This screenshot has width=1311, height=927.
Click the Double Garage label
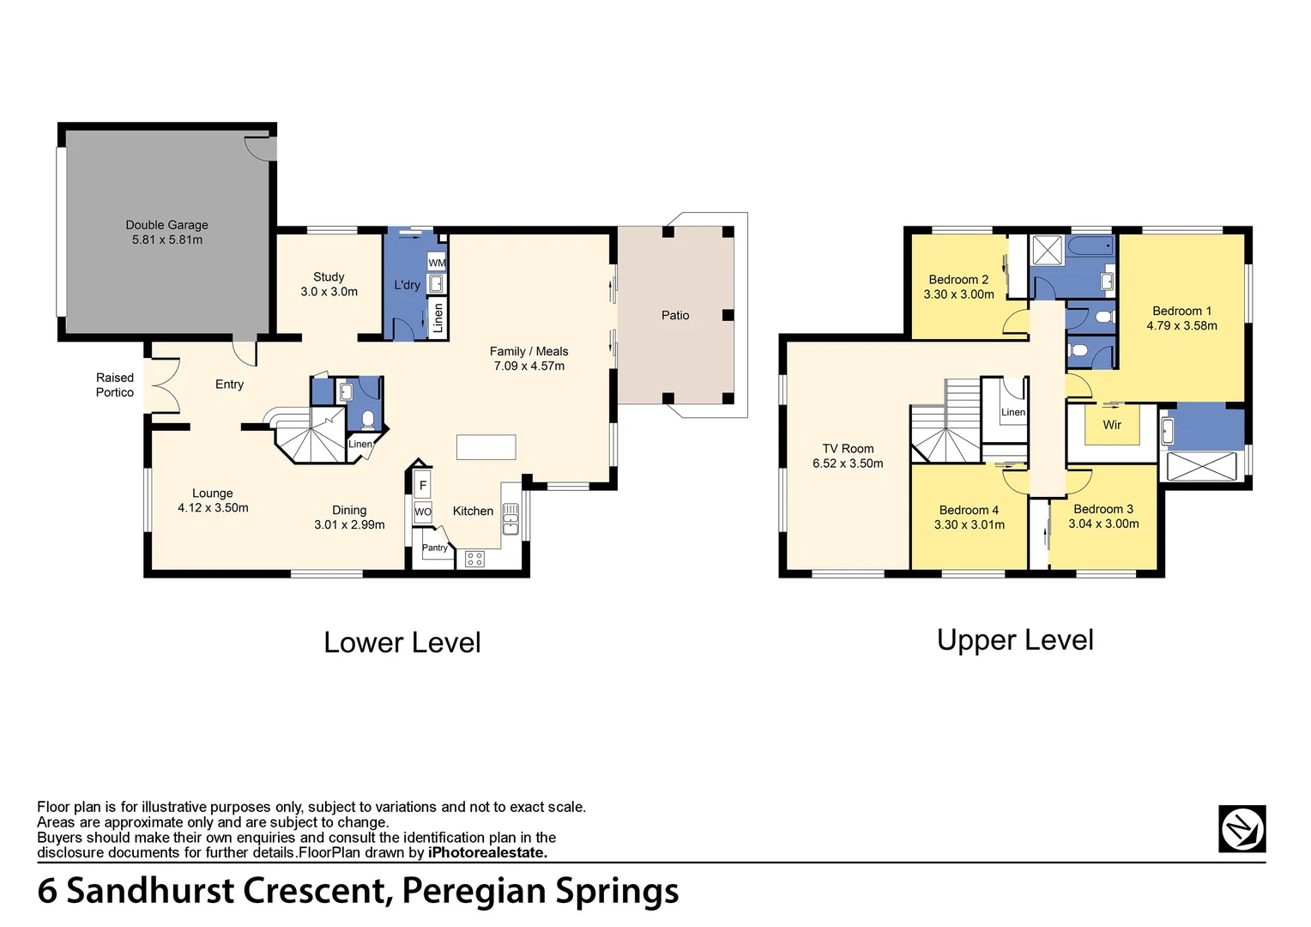[x=166, y=225]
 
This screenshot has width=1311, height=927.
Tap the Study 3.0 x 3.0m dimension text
[x=329, y=292]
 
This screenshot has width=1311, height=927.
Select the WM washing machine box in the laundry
[x=437, y=262]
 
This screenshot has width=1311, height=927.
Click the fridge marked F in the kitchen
[x=422, y=486]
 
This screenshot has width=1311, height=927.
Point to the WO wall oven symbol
[x=423, y=512]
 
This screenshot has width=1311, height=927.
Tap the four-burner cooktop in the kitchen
[x=474, y=560]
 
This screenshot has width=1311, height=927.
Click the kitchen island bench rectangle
[x=486, y=447]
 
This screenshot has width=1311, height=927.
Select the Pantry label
[x=434, y=548]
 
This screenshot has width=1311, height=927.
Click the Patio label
[x=675, y=315]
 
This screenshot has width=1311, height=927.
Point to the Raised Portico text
[x=115, y=385]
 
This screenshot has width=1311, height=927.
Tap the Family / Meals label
[x=529, y=351]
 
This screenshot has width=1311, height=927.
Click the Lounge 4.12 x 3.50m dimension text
[x=213, y=508]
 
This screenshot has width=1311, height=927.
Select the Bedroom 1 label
[x=1181, y=311]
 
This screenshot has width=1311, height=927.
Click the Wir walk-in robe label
[x=1112, y=425]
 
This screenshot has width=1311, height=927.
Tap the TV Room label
[x=848, y=448]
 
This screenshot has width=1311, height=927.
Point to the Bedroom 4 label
[x=969, y=510]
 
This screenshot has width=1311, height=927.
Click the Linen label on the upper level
[x=1013, y=412]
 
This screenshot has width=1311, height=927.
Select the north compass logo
[x=1242, y=829]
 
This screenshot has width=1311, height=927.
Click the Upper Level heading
[x=1015, y=640]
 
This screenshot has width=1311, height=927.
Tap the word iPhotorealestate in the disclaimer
[x=486, y=853]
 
